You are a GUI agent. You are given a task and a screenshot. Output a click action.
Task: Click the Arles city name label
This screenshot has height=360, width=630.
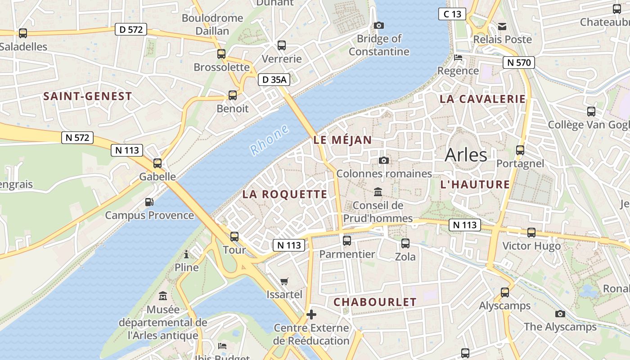(x=466, y=155)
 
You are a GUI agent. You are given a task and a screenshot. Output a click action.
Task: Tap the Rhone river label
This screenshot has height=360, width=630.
(x=270, y=140)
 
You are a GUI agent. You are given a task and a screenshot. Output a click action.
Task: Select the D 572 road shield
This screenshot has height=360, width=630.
(x=131, y=30)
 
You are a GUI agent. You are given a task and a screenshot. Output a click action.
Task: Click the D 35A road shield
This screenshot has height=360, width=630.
(x=274, y=80)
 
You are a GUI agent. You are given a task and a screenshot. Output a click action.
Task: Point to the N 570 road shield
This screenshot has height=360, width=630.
(x=519, y=63)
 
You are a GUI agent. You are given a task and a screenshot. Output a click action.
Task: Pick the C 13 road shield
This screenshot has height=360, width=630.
(x=452, y=14)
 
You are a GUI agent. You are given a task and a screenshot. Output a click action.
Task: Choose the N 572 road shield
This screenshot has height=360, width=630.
(x=77, y=137)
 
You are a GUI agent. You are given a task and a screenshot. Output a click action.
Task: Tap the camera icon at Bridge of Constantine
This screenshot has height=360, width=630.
(x=379, y=25)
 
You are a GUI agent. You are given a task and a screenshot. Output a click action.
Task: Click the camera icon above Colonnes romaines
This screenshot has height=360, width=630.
(x=384, y=160)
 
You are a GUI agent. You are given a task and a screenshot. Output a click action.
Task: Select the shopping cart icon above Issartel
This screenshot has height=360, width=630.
(x=284, y=282)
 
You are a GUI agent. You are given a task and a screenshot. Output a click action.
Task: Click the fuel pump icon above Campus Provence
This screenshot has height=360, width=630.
(x=149, y=202)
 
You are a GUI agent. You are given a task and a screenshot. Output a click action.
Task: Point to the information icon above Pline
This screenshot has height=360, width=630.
(x=186, y=254)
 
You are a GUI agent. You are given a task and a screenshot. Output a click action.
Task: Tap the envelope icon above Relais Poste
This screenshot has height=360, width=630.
(x=502, y=27)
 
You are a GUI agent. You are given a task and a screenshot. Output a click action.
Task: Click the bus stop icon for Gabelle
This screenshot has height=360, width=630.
(x=157, y=163)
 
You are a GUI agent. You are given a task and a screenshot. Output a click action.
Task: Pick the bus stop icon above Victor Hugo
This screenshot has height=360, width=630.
(x=531, y=232)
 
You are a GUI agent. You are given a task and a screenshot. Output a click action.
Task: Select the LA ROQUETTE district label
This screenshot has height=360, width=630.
(x=285, y=194)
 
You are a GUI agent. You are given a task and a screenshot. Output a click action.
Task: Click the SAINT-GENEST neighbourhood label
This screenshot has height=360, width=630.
(x=88, y=96)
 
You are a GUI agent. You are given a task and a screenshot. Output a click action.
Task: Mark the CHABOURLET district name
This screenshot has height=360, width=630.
(x=375, y=302)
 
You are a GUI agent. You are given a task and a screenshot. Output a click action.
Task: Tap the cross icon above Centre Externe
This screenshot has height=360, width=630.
(x=311, y=314)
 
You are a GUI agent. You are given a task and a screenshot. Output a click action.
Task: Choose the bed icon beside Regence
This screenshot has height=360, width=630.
(x=458, y=58)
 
